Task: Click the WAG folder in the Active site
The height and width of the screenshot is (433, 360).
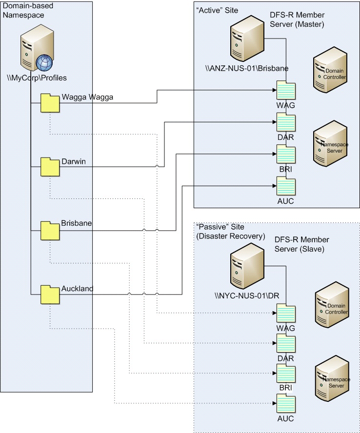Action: [x=285, y=91]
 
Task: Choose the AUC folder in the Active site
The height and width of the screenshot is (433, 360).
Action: [x=285, y=186]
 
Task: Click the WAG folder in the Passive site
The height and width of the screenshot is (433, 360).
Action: [x=285, y=313]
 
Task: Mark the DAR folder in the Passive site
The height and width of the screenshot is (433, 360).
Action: [x=285, y=344]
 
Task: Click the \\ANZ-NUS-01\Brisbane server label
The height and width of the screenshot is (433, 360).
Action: [x=247, y=68]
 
